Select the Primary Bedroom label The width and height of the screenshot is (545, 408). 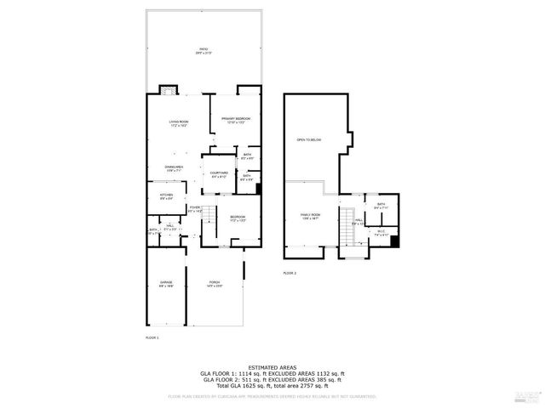[235, 120]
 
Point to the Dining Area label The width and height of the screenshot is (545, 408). [175, 168]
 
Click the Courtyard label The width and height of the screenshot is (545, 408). [219, 174]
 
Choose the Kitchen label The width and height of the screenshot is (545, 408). [167, 196]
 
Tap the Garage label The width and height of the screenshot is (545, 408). [166, 284]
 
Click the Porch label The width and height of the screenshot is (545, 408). [214, 284]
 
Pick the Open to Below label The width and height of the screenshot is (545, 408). [308, 139]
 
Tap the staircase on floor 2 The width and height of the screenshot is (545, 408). [346, 224]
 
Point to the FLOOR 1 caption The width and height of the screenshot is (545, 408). [152, 337]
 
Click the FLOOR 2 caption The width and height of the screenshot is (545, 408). [290, 273]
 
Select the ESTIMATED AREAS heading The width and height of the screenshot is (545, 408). [272, 367]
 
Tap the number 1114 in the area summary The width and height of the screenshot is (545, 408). [245, 373]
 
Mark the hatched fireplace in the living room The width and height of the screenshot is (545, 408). [169, 90]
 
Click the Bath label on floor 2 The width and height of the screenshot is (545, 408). [381, 205]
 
